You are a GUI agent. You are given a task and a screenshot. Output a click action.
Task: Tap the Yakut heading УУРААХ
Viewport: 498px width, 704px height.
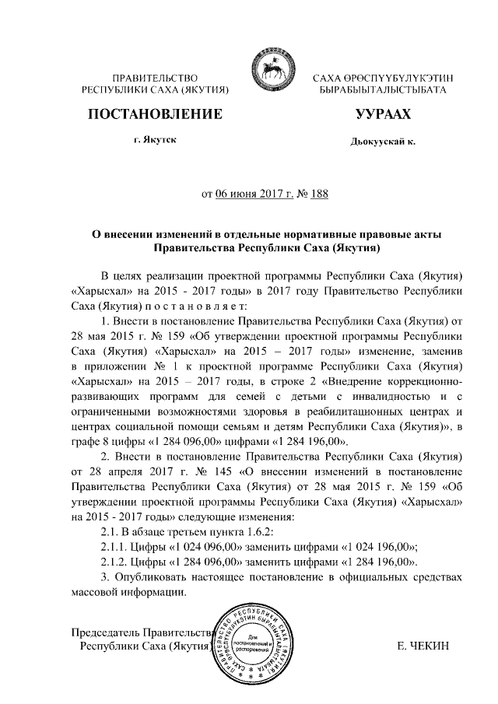[382, 114]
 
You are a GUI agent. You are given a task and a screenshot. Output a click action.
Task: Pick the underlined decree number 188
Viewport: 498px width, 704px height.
[318, 193]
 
